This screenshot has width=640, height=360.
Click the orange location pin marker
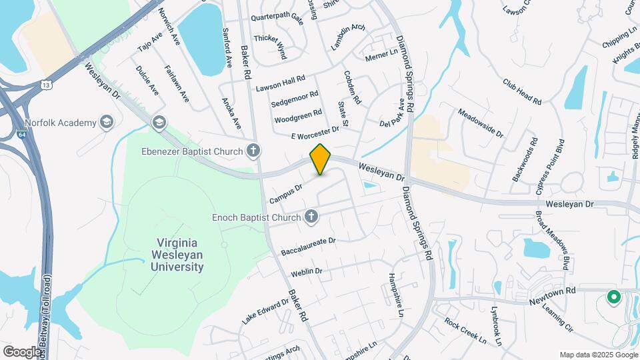pos(321,159)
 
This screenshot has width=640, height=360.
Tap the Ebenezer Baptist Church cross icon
pos(253,151)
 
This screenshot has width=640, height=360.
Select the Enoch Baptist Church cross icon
pos(310,217)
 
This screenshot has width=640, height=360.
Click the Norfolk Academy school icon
pos(106,122)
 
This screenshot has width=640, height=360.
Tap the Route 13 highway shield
pos(45,85)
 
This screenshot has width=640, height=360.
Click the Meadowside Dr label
pos(481,121)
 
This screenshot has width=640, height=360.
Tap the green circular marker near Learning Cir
pos(612,297)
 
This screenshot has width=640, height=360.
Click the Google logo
pos(22,351)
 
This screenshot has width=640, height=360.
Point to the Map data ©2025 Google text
pos(597,355)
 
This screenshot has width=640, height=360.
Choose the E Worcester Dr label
pos(315,132)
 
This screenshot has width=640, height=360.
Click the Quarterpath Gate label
pos(278,20)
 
